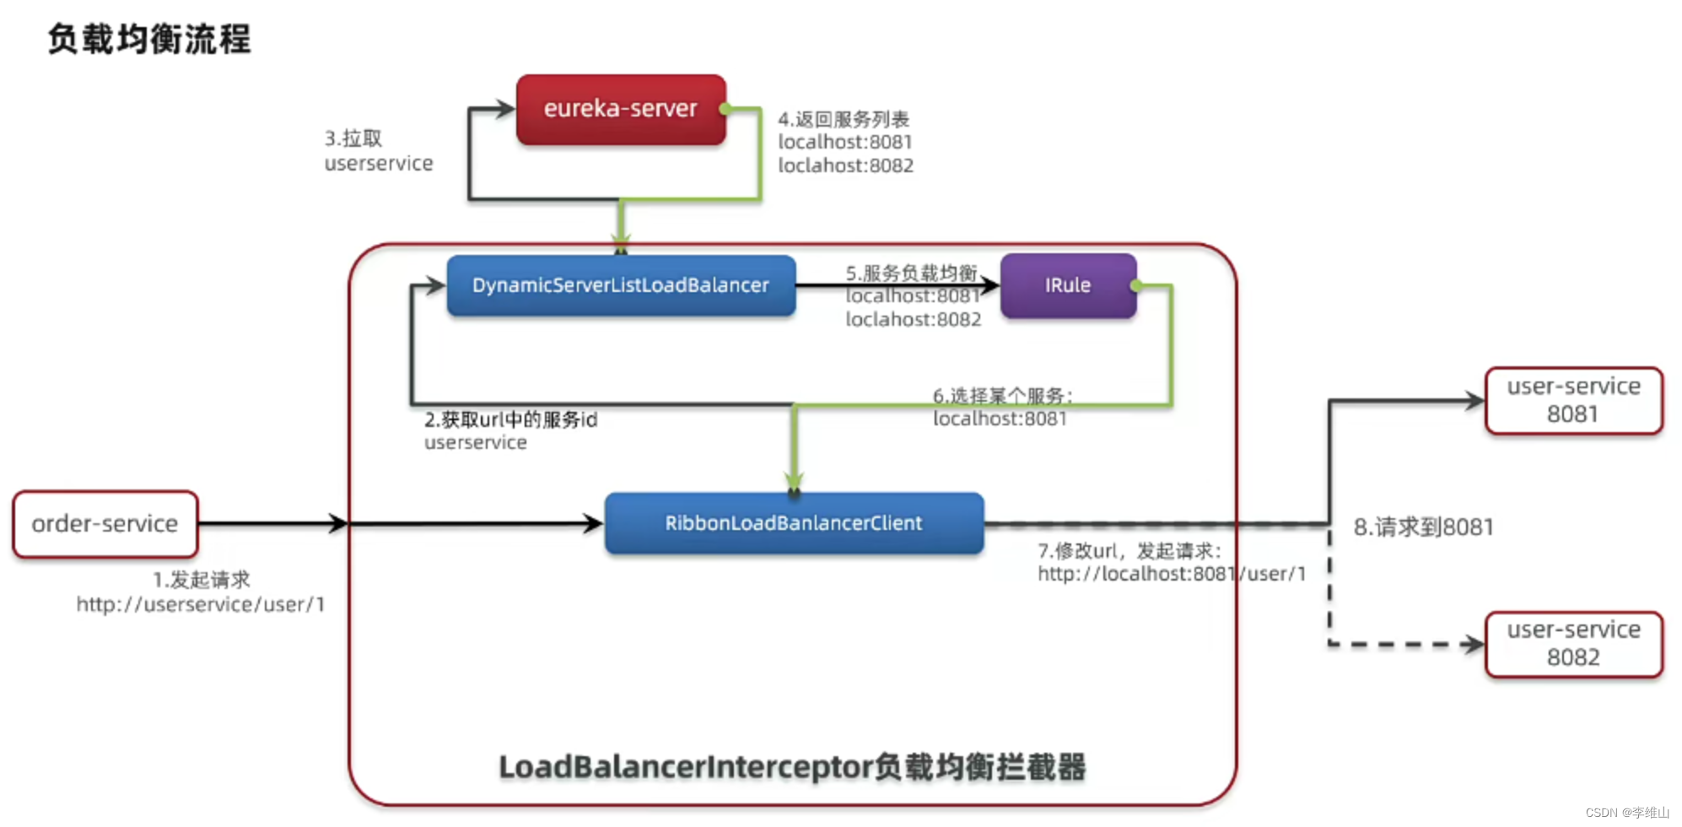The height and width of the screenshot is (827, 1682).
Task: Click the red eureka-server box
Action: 621,109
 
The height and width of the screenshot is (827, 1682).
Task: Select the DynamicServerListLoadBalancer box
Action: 621,285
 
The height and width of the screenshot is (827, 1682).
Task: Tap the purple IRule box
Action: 1068,285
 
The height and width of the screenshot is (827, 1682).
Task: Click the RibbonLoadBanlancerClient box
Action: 794,523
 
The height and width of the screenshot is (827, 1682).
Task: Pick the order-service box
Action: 105,524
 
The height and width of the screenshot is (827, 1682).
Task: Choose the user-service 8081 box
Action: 1573,400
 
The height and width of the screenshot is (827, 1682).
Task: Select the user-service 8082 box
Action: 1573,644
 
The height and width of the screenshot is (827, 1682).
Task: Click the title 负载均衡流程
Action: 149,39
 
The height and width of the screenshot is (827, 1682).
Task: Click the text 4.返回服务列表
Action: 844,119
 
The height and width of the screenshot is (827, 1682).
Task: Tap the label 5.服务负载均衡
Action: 911,273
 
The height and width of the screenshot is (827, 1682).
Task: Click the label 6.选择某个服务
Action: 1002,395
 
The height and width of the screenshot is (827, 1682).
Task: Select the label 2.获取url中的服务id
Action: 510,419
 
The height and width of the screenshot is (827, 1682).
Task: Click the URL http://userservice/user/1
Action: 201,604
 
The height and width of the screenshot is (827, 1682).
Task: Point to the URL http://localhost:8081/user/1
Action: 1171,574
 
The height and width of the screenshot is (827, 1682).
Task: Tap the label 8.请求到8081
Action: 1423,527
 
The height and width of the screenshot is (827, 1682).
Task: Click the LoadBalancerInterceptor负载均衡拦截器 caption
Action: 792,767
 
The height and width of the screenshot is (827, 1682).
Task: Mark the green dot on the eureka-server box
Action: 724,109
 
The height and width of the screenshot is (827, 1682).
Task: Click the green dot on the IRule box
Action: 1136,286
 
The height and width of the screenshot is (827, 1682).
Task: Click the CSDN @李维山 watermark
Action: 1626,812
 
